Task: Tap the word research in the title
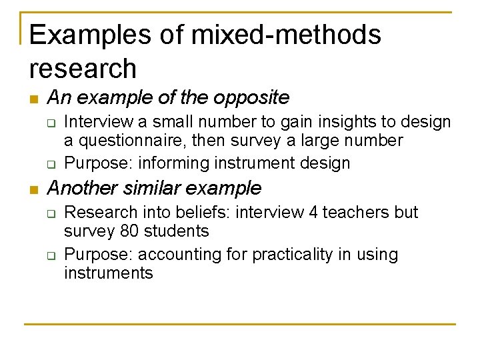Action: click(x=83, y=68)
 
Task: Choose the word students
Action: click(x=180, y=231)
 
